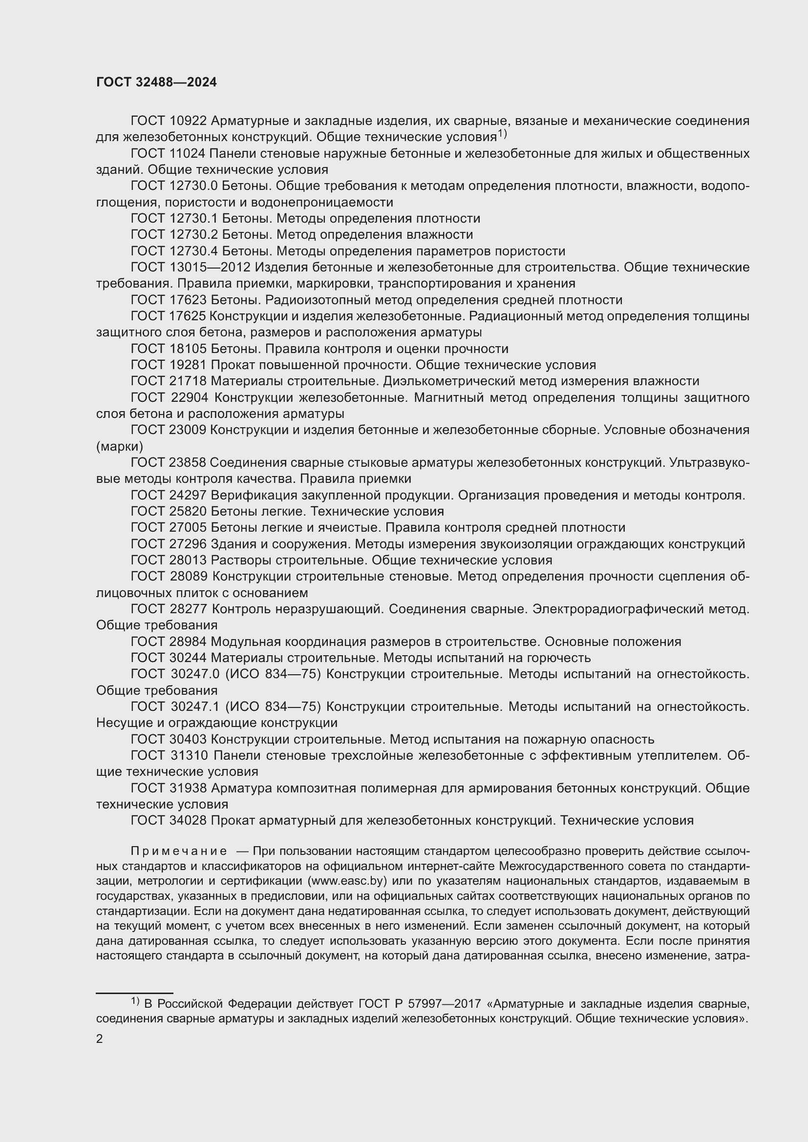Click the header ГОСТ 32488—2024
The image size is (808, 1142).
156,83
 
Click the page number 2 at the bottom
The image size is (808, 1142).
100,1038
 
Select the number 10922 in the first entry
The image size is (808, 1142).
188,121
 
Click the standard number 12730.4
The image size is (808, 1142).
193,251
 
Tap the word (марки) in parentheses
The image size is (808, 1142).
119,446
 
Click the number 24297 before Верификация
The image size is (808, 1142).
188,496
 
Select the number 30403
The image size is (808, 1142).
188,740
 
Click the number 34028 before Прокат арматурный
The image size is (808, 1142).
188,821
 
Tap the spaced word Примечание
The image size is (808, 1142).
179,851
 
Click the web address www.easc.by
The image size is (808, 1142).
348,881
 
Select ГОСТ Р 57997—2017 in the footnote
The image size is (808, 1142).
420,1004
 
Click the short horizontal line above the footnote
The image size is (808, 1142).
134,993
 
